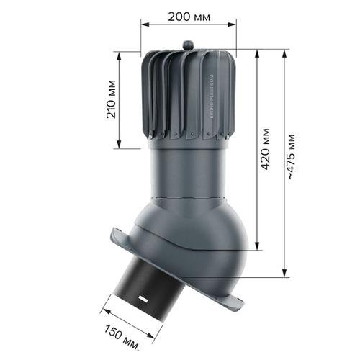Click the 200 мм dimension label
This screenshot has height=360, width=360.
pos(189,17)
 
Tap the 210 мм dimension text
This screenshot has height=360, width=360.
pos(111,99)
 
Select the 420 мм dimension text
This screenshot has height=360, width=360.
pos(266,149)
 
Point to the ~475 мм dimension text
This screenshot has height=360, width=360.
pos(291,156)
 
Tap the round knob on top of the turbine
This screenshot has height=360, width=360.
pos(188,45)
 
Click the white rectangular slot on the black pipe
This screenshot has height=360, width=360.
pos(143,299)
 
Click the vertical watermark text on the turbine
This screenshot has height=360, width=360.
pos(211,96)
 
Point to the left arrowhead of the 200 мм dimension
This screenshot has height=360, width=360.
pos(145,24)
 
